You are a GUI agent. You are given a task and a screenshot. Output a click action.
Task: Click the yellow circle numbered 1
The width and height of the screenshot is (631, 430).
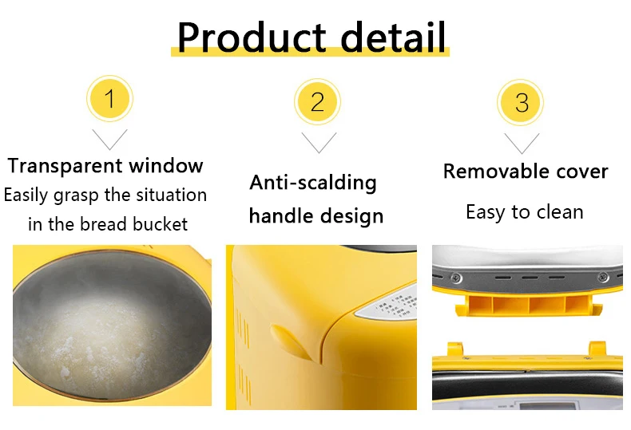coord(109,98)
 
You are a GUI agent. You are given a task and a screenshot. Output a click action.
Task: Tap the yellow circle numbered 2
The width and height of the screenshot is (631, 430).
coord(317,101)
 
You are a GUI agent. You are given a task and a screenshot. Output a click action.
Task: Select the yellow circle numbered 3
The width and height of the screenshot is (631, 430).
coord(520,102)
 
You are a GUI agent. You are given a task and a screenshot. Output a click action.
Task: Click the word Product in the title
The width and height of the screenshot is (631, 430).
coord(252,37)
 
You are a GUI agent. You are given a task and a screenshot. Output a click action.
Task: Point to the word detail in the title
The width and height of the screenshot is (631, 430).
coord(393,37)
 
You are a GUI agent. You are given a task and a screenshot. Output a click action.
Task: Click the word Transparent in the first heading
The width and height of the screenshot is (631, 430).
coord(65,166)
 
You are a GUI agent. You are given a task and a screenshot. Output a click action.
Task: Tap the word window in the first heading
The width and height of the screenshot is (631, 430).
coord(166,166)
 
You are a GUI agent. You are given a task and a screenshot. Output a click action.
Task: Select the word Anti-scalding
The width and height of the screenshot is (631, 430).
coord(313,183)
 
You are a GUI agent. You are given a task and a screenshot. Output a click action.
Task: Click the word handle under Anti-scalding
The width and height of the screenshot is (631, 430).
coord(281,215)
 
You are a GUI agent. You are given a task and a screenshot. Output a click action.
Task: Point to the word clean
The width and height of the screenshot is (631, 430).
coord(560,211)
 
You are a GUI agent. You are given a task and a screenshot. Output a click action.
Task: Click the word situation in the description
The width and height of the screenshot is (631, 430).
coord(172,195)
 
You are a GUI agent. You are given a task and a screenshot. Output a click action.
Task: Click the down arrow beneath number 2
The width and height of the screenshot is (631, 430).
coord(319,143)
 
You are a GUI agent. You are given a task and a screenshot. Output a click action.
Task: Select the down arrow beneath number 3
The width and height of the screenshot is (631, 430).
coord(522,144)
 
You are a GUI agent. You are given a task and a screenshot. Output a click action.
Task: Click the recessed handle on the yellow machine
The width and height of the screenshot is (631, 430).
coord(292,341)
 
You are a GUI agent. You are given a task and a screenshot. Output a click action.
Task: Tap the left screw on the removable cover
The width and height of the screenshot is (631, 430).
coord(456,278)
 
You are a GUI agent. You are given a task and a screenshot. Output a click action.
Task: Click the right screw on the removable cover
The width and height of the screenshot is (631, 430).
coord(602,277)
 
